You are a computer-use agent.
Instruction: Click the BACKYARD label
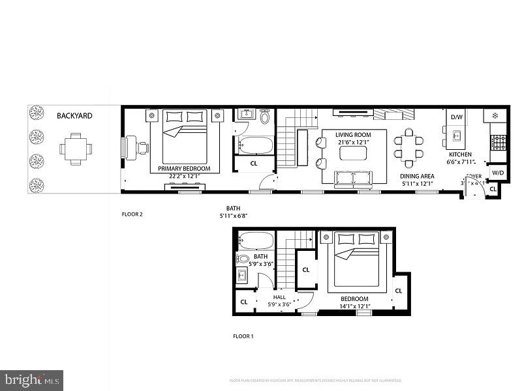[x=74, y=116]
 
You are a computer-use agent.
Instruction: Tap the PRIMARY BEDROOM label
[x=185, y=168]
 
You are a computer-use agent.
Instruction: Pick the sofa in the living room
[x=352, y=178]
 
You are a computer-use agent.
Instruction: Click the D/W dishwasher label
[x=455, y=117]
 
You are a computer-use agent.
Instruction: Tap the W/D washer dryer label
[x=498, y=173]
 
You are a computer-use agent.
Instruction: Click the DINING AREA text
[x=418, y=176]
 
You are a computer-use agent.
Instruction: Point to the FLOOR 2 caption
[x=132, y=214]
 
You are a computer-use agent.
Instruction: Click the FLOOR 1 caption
[x=243, y=337]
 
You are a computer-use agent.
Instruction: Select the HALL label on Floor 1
[x=279, y=297]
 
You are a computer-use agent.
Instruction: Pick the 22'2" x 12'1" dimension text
[x=185, y=175]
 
